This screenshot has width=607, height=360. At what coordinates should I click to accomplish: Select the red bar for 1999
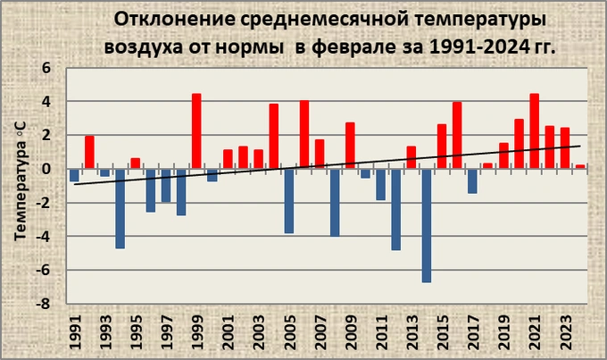196,130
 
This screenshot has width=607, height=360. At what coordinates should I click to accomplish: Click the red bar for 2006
303,134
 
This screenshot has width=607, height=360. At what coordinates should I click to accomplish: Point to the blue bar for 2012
395,209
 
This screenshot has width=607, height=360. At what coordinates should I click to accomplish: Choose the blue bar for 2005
288,201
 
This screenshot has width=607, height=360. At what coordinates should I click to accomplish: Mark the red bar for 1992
89,152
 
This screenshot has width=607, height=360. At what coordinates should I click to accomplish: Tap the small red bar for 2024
580,166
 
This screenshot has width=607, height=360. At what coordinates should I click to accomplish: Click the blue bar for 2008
335,202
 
